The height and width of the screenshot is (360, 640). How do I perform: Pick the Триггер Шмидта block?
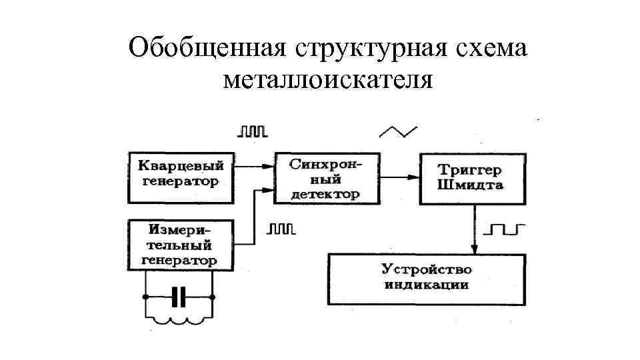470,178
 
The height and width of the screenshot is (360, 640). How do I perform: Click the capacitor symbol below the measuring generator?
178,297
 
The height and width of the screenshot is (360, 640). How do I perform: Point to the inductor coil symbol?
178,323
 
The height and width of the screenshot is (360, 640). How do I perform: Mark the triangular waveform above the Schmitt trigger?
398,131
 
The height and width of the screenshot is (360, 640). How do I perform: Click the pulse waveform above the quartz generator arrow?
252,131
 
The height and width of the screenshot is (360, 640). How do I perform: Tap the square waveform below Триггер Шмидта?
505,230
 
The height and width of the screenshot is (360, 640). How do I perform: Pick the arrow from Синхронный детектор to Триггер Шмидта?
399,177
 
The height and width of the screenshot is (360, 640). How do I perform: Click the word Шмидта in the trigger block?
470,186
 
